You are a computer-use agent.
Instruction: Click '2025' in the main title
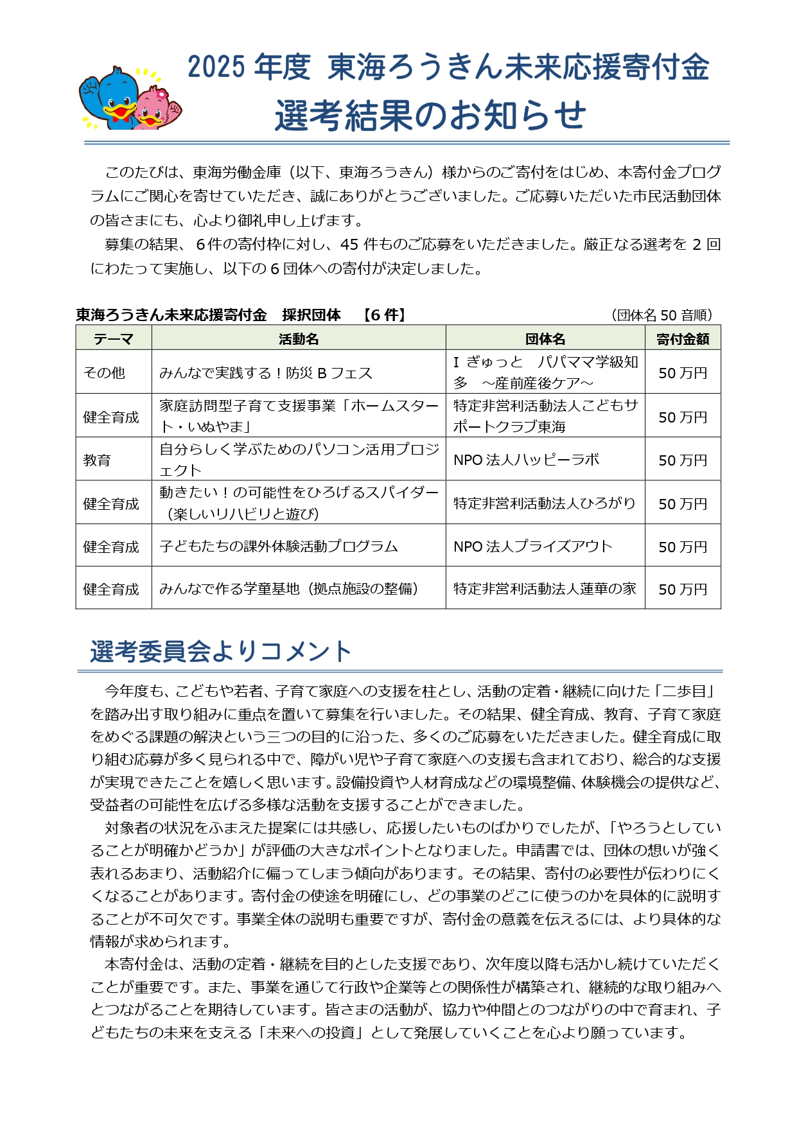216,67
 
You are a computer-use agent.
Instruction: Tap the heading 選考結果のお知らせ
430,116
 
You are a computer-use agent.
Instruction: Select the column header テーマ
114,338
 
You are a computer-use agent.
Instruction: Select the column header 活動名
299,338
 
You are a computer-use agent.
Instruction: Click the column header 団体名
545,338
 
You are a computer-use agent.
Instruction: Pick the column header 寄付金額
683,338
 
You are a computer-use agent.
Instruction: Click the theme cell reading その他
104,372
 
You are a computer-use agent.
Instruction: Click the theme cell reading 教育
97,460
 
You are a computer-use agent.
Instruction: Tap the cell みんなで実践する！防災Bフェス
266,372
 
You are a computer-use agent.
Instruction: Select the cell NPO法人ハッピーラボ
527,460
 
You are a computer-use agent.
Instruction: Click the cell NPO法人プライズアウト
533,546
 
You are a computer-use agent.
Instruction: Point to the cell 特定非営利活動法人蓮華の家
545,588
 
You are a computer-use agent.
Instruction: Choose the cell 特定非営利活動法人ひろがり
545,503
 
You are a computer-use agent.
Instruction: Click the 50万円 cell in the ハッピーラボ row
683,460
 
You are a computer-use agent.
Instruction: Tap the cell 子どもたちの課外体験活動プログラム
279,546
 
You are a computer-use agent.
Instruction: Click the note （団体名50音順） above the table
662,315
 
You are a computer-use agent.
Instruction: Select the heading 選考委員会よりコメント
221,651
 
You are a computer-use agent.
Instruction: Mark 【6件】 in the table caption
384,315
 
